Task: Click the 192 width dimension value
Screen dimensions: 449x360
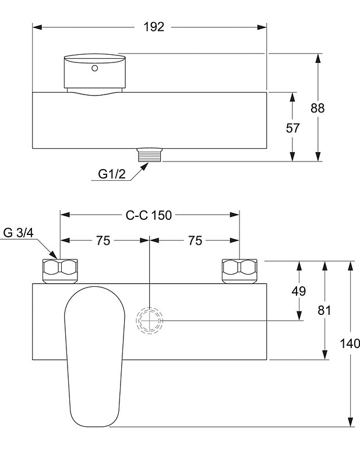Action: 154,27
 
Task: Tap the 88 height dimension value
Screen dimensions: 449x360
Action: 317,108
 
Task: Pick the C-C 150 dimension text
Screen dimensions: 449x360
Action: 149,215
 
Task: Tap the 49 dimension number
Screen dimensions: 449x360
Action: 299,291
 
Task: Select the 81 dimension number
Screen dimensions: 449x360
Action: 324,310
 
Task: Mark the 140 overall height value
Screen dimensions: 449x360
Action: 351,343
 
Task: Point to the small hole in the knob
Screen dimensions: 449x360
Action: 94,69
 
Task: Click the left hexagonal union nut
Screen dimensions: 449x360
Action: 61,269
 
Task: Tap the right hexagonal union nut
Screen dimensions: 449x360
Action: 240,269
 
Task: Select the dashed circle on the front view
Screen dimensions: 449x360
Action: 150,320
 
